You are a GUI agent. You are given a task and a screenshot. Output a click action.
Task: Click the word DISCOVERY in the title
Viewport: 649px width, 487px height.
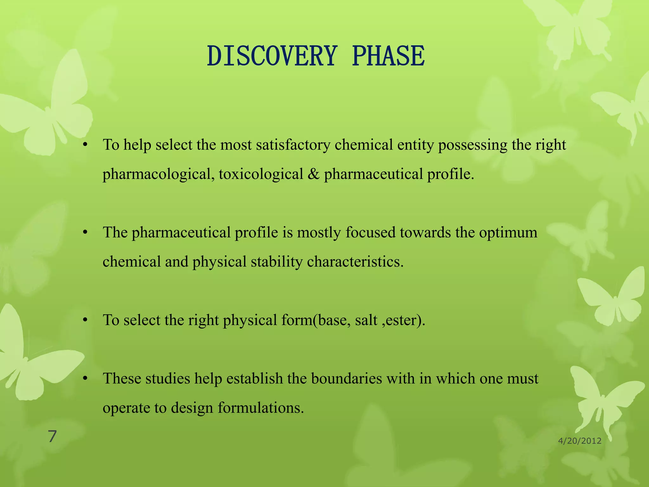pos(271,56)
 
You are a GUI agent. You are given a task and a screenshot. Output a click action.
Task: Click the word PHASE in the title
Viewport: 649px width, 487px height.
pos(388,56)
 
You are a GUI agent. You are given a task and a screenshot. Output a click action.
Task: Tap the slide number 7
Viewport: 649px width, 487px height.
pos(52,437)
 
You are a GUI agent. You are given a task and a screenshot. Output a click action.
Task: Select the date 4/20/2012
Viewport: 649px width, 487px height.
pos(580,441)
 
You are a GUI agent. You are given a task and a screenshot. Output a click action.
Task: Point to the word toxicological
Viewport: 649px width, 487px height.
pos(261,174)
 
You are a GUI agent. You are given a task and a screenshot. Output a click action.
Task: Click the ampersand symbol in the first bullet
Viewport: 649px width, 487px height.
pos(313,174)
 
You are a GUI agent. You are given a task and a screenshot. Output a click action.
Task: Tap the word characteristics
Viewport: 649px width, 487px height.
pos(355,262)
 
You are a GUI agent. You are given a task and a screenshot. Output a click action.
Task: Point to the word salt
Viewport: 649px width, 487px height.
pos(366,320)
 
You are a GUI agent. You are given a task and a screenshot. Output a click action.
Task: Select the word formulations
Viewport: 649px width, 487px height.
pos(261,408)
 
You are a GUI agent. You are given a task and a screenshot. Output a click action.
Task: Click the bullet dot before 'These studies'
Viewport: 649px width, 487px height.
pos(85,379)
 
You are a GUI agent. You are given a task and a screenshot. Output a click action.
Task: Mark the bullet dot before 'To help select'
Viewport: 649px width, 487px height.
pos(85,145)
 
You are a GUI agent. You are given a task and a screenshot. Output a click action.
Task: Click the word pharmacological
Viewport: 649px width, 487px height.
pos(157,174)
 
